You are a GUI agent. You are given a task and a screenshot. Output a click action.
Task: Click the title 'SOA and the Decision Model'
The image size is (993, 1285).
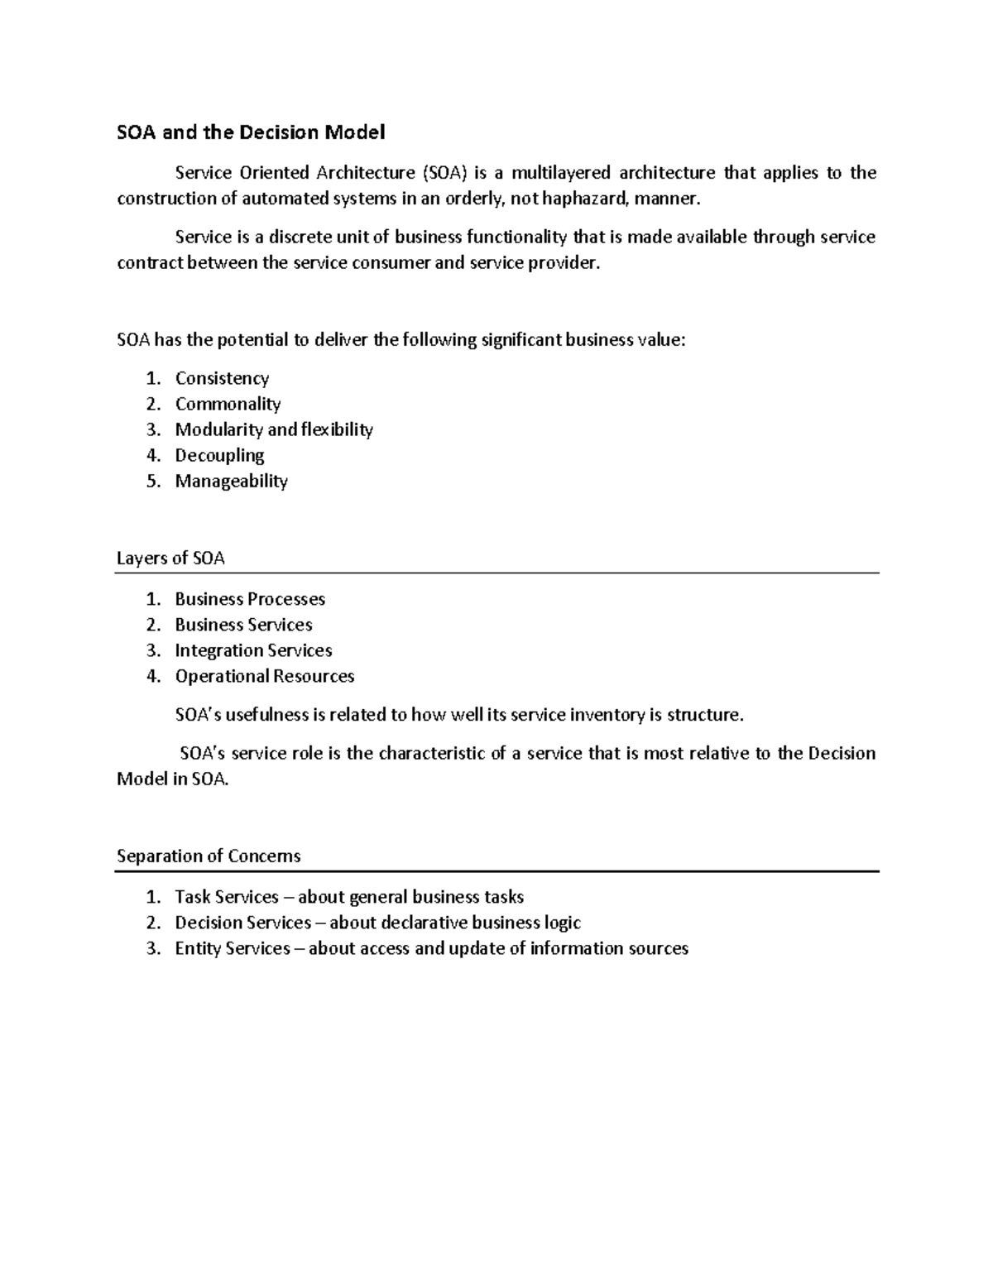click(251, 132)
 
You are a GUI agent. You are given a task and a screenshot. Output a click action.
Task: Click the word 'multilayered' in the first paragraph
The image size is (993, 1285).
click(560, 173)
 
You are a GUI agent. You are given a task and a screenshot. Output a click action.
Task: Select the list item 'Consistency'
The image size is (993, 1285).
click(222, 379)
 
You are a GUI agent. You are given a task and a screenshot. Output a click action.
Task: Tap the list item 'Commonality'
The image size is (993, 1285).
click(228, 405)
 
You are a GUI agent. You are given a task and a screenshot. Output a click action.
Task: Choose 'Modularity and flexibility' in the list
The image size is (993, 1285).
click(274, 430)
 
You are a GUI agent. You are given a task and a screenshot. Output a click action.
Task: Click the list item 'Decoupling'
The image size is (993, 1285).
click(219, 456)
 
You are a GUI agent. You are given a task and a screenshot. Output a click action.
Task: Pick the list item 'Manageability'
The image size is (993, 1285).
click(231, 482)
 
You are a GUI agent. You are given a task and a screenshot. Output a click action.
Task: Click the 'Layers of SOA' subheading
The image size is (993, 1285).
click(170, 559)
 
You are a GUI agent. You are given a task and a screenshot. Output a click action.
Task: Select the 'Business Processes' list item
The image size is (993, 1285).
click(250, 599)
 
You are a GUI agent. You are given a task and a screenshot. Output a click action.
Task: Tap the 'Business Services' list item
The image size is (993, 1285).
click(243, 625)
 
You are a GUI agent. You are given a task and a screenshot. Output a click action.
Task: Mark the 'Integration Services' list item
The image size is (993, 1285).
click(253, 650)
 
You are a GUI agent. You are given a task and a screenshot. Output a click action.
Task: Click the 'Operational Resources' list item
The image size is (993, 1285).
click(264, 676)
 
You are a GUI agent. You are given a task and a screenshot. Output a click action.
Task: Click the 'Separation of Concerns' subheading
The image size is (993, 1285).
click(209, 856)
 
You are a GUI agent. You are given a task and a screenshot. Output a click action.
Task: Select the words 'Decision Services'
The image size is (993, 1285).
click(242, 923)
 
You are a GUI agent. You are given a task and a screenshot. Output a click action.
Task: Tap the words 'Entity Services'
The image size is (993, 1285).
click(233, 948)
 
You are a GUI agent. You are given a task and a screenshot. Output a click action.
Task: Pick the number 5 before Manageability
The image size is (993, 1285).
click(152, 482)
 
